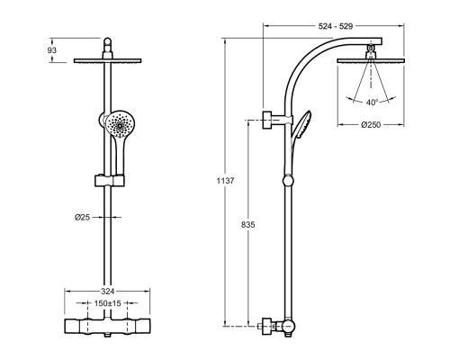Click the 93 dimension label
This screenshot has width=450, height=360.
[x=52, y=50]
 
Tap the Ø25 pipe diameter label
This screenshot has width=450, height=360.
[x=82, y=217]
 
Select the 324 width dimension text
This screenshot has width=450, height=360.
[x=107, y=291]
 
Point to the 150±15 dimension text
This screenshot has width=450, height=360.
[x=107, y=303]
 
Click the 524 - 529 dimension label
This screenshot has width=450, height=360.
[x=336, y=26]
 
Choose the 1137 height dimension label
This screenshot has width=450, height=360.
[x=225, y=181]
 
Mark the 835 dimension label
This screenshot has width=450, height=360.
[x=248, y=224]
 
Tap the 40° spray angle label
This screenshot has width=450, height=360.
[x=372, y=103]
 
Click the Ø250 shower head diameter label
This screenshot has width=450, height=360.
[x=371, y=124]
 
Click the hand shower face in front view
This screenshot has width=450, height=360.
[x=120, y=124]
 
